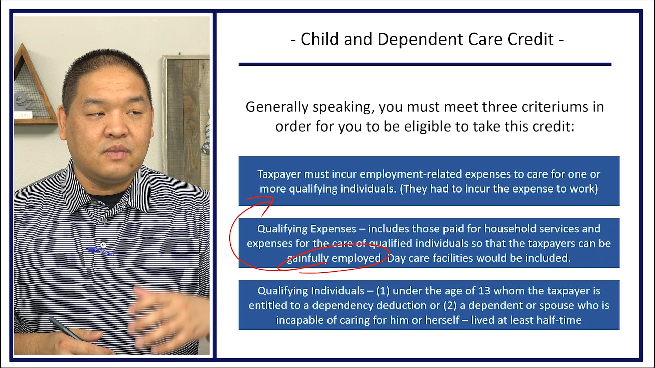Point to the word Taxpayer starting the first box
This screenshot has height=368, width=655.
[x=279, y=174]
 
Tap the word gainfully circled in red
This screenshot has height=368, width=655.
[x=307, y=258]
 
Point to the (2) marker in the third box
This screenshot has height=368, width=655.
[x=450, y=305]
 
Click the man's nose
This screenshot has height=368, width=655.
[x=117, y=128]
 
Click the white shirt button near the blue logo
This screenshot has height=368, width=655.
[x=103, y=245]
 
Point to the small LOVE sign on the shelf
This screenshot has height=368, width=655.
[x=23, y=115]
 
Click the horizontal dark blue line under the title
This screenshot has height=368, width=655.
[x=425, y=64]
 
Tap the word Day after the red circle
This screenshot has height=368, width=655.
[x=396, y=258]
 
